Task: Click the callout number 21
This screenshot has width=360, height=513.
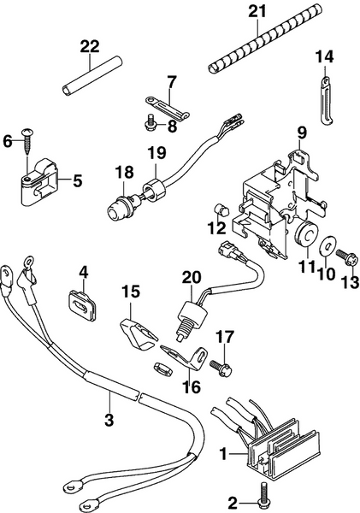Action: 257,11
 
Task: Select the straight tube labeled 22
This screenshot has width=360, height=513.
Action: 90,76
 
